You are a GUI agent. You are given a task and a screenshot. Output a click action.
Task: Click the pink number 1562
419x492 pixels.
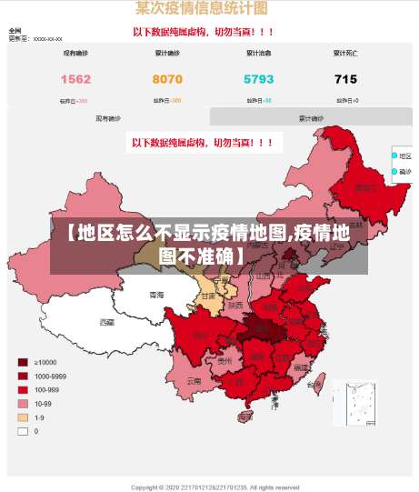pyautogui.click(x=75, y=79)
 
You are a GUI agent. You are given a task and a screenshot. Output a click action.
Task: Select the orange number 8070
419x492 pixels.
pyautogui.click(x=166, y=79)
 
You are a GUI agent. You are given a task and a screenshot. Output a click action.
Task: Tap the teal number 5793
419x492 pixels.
pyautogui.click(x=258, y=79)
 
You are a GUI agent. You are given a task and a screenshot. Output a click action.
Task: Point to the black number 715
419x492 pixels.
pyautogui.click(x=345, y=79)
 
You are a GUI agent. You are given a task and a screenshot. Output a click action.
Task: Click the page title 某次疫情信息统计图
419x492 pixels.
pyautogui.click(x=201, y=8)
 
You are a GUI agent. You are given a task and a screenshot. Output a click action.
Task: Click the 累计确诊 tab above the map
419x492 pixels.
pyautogui.click(x=311, y=117)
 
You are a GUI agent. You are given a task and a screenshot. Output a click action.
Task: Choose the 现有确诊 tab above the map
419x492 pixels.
pyautogui.click(x=108, y=117)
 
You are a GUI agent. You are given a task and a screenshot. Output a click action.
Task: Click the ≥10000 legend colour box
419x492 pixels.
pyautogui.click(x=23, y=362)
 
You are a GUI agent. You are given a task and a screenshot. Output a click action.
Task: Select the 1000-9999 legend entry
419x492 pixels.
pyautogui.click(x=23, y=376)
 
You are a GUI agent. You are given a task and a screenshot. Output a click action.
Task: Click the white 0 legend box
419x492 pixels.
pyautogui.click(x=23, y=431)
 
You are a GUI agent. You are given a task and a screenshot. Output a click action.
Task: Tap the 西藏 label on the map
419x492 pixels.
pyautogui.click(x=107, y=322)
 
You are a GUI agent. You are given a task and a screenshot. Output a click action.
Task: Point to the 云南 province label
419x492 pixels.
pyautogui.click(x=194, y=382)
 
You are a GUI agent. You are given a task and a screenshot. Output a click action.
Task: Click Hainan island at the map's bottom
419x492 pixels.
pyautogui.click(x=244, y=417)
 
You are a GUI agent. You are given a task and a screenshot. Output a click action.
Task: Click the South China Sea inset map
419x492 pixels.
pyautogui.click(x=354, y=402)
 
